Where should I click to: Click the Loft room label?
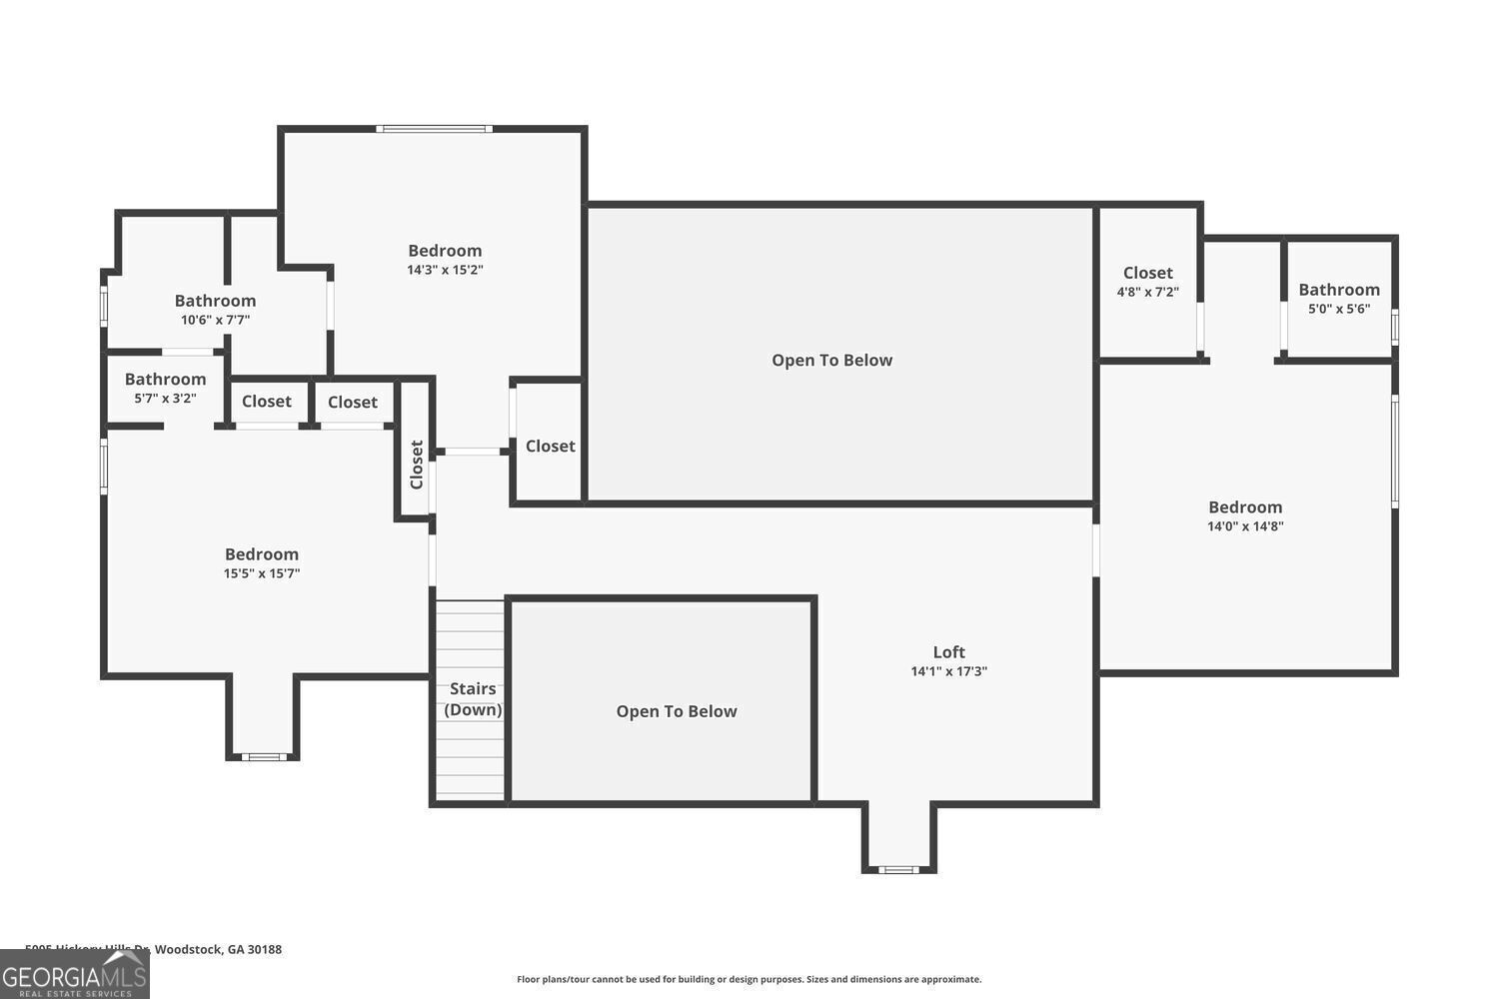click(948, 652)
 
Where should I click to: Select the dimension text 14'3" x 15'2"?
click(445, 270)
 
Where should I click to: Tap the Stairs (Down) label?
click(473, 699)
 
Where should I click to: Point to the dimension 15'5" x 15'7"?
click(262, 573)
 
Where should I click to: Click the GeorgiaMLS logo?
click(74, 975)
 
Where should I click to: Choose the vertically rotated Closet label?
click(417, 465)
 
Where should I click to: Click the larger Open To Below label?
click(831, 361)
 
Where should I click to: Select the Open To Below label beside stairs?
click(677, 711)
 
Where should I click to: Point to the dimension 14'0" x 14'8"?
click(1245, 526)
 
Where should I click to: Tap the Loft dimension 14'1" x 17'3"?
click(948, 671)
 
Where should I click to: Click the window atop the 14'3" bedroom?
click(434, 129)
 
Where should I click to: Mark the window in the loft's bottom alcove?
click(898, 870)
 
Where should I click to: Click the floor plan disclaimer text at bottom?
click(749, 979)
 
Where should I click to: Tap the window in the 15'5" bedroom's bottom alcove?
click(264, 757)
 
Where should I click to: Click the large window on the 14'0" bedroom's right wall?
click(1395, 451)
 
